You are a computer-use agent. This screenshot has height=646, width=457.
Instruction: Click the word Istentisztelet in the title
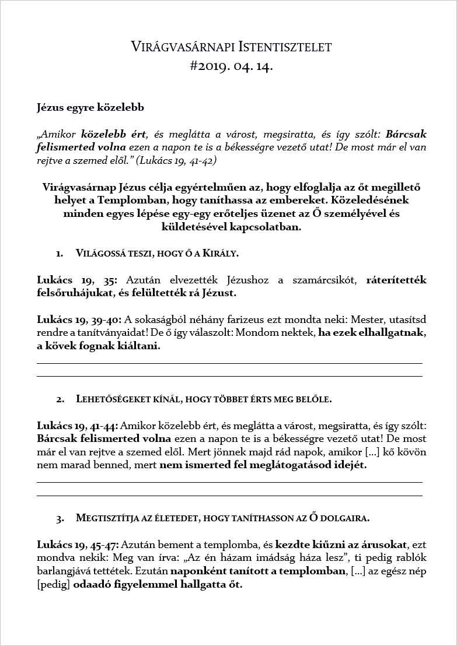coord(277,47)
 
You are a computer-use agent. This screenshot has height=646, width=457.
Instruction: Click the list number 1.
coord(60,254)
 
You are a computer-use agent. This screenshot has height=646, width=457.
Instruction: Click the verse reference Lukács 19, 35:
coord(77,280)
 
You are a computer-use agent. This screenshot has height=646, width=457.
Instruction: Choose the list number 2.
coord(60,399)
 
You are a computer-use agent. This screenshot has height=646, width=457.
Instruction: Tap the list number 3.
coord(60,518)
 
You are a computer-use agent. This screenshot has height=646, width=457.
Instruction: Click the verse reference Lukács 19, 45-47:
coord(78,545)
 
